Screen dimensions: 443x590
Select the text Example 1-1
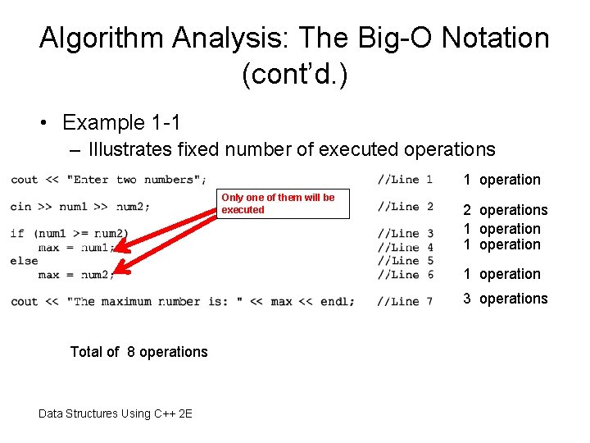coord(121,123)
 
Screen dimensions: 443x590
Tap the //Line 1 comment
coord(405,179)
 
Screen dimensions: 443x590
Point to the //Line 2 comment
coord(405,206)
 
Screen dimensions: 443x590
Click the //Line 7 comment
coord(405,301)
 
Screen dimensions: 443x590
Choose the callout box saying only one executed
coord(283,203)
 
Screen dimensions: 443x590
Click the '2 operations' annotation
coord(505,210)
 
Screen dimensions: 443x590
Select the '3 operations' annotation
coord(505,299)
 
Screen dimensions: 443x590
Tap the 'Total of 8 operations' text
coord(139,352)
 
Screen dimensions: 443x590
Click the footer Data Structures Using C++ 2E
coord(116,413)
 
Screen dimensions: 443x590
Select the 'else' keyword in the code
coord(24,261)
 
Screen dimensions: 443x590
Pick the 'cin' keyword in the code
coord(20,206)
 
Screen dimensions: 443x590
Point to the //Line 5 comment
coord(405,261)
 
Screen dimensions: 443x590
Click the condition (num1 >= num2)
coord(82,234)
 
